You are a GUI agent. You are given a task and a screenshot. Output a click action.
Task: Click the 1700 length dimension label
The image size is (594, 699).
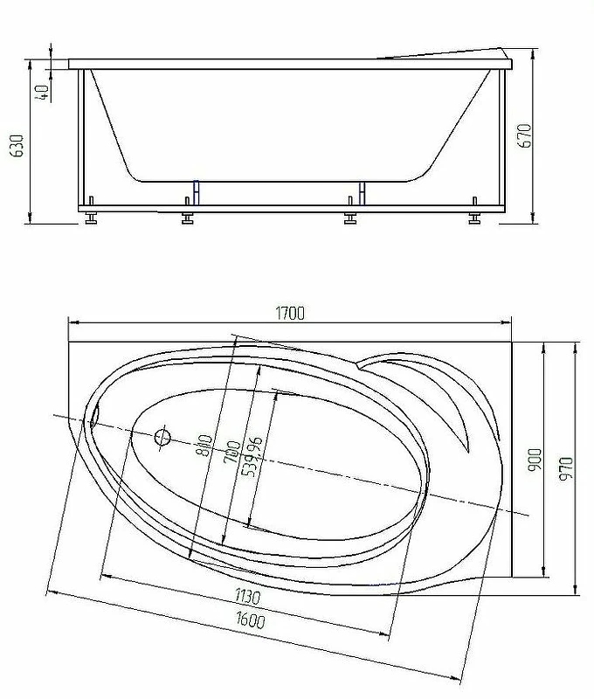click(x=291, y=314)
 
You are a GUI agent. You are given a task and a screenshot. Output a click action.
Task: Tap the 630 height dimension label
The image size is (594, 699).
click(x=17, y=145)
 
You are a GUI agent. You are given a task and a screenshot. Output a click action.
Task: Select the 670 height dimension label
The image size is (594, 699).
click(x=525, y=136)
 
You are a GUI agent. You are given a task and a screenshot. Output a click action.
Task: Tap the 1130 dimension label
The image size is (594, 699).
click(x=247, y=596)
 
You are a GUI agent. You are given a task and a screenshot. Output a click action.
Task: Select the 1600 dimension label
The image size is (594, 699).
click(x=251, y=619)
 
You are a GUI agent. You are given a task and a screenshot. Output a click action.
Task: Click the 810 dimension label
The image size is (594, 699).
click(x=204, y=446)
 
